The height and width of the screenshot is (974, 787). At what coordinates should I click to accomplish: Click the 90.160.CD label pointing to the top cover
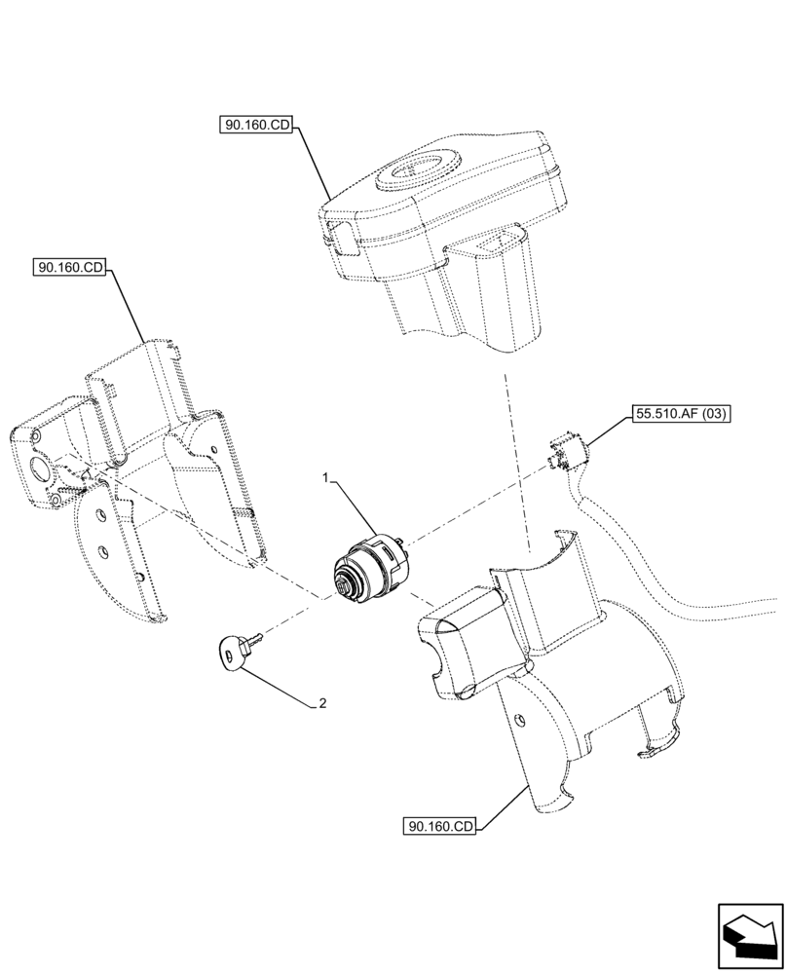pyautogui.click(x=256, y=126)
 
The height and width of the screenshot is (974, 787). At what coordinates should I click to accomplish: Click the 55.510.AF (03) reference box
pyautogui.click(x=682, y=414)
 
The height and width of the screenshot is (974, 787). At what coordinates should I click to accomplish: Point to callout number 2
pyautogui.click(x=321, y=703)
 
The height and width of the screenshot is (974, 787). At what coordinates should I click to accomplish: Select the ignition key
pyautogui.click(x=234, y=651)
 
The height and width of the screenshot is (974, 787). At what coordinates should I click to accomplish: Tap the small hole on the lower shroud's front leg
pyautogui.click(x=520, y=720)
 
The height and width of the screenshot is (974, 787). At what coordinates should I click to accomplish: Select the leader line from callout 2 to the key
pyautogui.click(x=282, y=681)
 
